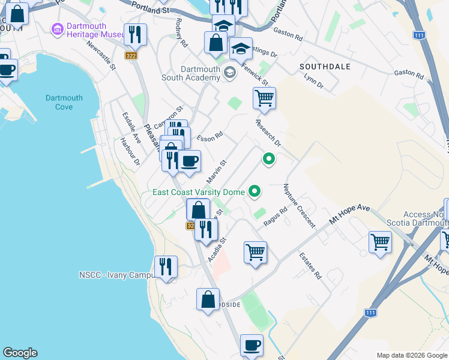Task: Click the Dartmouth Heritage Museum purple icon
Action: (58, 28)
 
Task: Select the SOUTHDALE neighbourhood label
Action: (325, 67)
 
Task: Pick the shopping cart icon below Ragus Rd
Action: (255, 252)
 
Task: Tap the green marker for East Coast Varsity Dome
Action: (255, 192)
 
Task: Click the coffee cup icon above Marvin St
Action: (189, 161)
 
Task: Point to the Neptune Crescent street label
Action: (299, 205)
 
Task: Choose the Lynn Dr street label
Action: (313, 81)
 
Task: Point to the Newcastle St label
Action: (101, 56)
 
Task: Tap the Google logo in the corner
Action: (20, 353)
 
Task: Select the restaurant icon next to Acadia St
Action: (206, 229)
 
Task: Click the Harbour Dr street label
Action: (129, 152)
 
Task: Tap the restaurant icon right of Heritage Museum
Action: (135, 35)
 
